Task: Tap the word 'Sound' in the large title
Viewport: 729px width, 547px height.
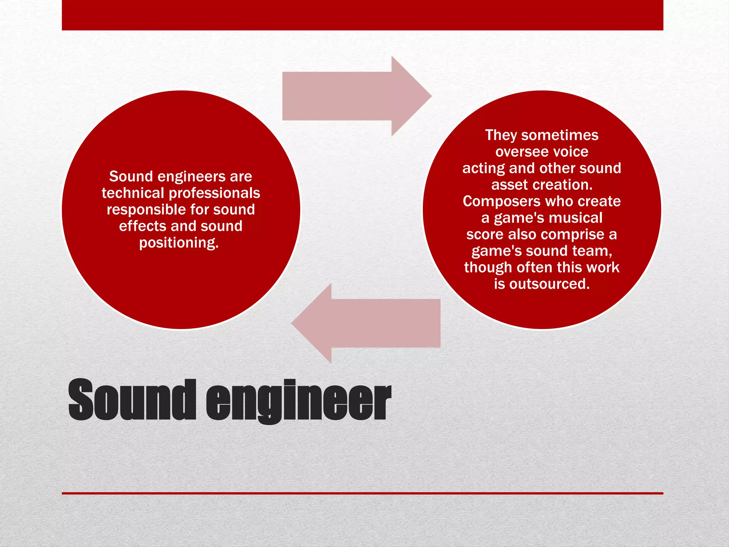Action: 132,400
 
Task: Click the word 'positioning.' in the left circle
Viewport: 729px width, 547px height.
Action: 179,243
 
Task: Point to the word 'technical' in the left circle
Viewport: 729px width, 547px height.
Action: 132,193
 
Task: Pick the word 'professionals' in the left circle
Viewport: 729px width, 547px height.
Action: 214,193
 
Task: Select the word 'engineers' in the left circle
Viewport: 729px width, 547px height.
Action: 191,177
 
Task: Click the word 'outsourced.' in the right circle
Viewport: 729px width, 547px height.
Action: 549,284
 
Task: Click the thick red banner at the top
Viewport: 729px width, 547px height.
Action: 362,15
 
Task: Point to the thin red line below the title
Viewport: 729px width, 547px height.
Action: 362,493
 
